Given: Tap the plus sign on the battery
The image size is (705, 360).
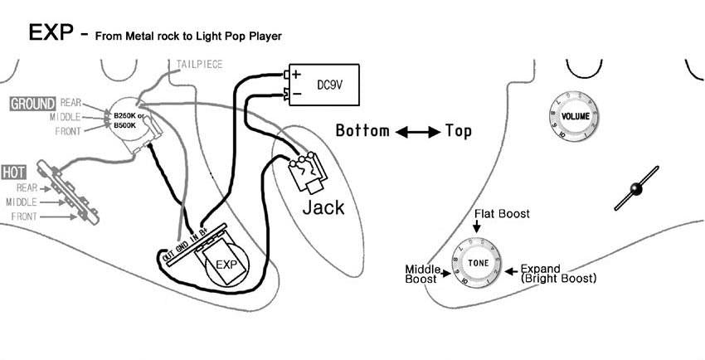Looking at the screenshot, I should pos(294,74).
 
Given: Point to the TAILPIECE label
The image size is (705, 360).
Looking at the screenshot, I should pos(199,65).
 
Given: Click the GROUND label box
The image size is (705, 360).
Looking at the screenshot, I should pos(32,104).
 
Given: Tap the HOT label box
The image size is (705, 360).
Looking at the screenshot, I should pos(14,173).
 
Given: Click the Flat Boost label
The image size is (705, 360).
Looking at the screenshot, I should pos(502,214).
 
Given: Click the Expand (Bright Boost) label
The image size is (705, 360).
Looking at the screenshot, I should pos(557,274).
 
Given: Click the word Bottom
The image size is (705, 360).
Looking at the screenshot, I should pos(362,131).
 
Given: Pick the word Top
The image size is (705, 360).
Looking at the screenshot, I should pos(459,131).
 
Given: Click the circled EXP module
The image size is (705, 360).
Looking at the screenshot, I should pos(226,265).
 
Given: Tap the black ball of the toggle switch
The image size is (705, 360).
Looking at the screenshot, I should pos(635,190).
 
